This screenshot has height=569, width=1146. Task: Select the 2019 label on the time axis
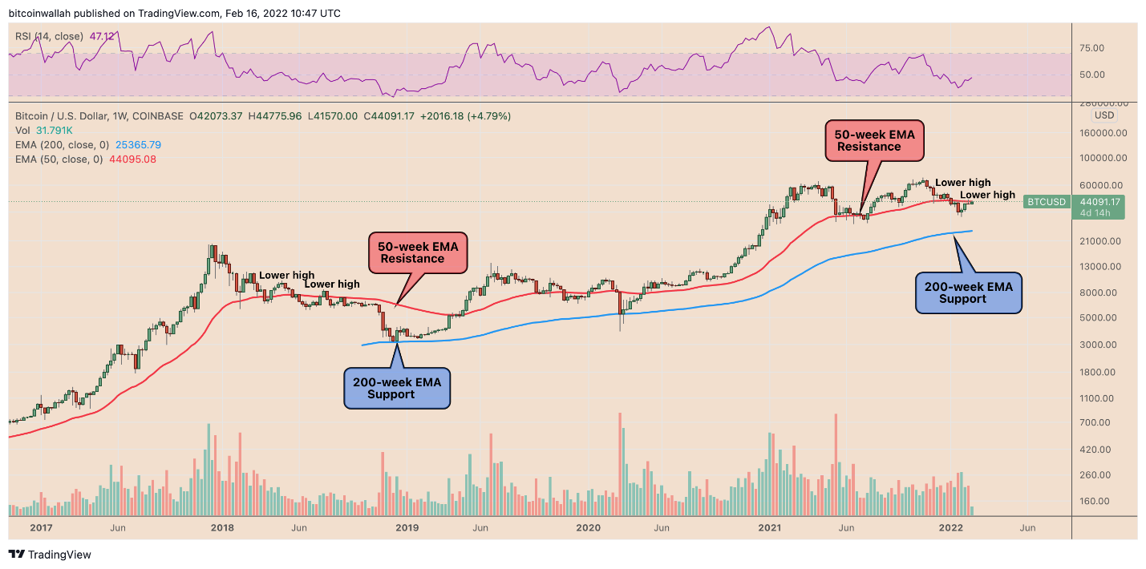tap(407, 528)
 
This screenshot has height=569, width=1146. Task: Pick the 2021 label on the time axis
tap(770, 528)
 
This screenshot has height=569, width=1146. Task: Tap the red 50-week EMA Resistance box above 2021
tap(874, 140)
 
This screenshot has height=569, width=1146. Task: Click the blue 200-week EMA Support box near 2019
tap(397, 388)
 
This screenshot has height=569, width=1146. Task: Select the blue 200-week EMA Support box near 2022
tap(969, 292)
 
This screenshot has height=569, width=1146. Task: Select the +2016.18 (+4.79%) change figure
tap(465, 116)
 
